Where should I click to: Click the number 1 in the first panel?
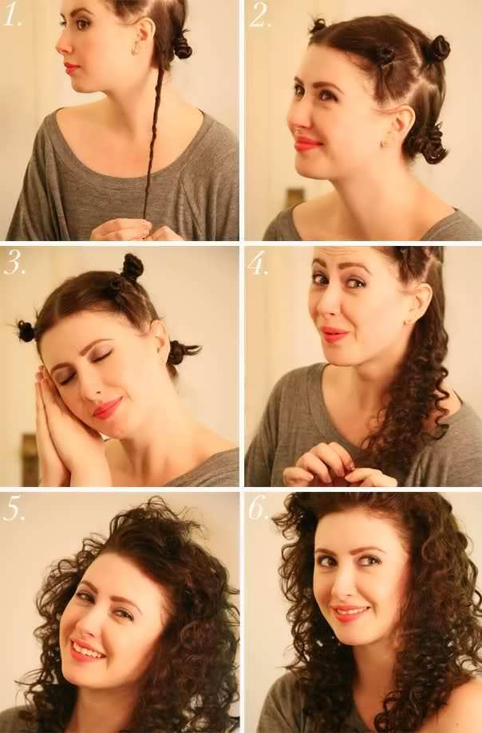(13, 17)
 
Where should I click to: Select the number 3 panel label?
(14, 264)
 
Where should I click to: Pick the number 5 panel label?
(14, 509)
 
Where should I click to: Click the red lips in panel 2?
(307, 144)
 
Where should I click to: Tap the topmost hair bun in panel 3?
(132, 266)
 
